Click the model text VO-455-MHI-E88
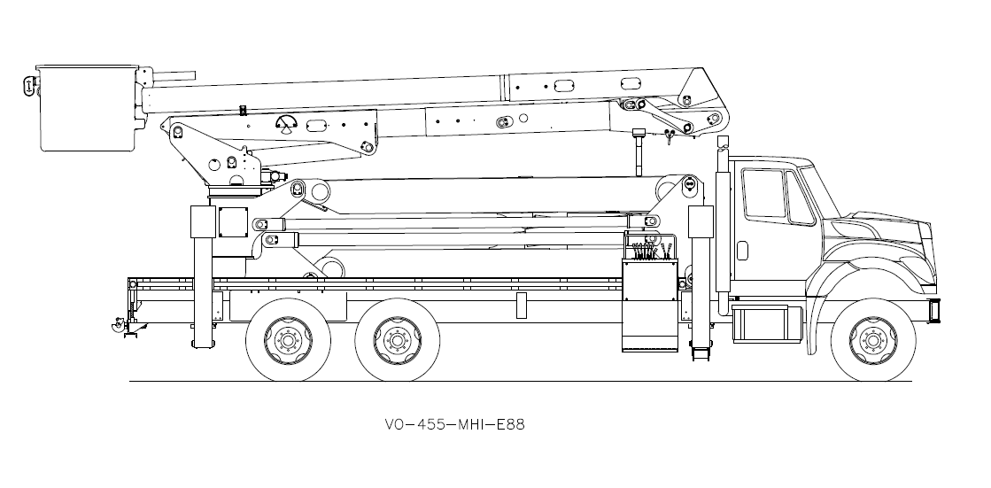454,424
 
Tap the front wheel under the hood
869,338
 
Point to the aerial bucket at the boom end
86,108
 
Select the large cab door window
763,192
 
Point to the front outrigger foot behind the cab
701,352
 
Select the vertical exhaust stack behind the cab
724,230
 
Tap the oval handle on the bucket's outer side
29,86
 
